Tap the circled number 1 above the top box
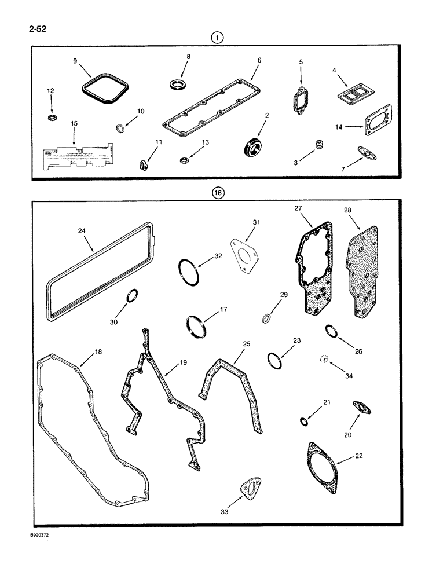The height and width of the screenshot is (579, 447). pos(217,38)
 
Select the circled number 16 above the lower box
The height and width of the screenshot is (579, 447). pos(217,194)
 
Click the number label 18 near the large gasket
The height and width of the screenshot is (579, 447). pos(97,351)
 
